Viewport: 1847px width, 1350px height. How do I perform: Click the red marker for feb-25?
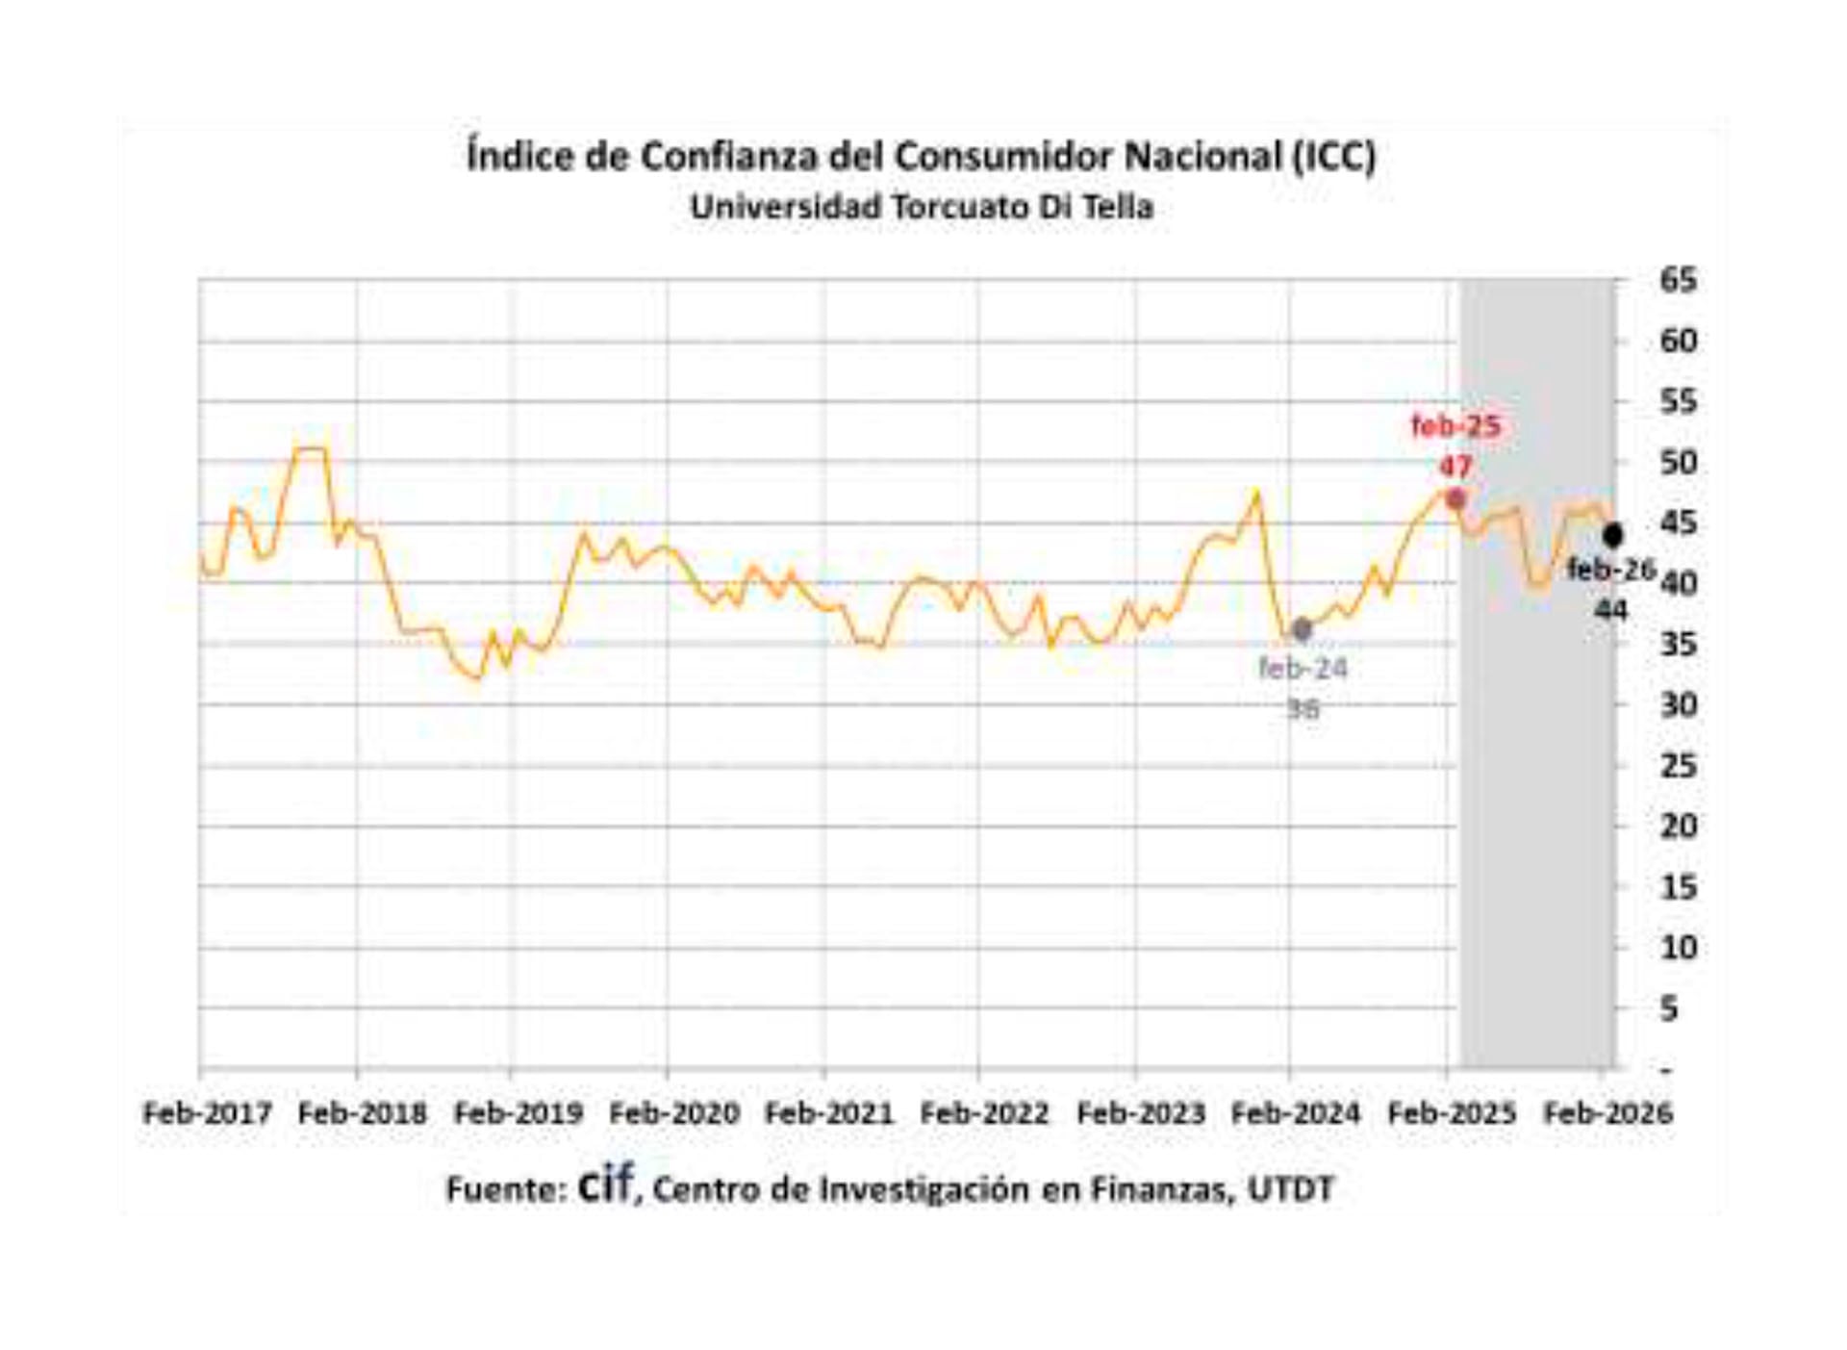click(1455, 499)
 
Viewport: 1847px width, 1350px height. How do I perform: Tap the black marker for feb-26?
click(1613, 535)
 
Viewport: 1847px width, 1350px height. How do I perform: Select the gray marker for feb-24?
click(1302, 629)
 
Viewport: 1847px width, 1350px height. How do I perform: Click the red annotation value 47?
click(1455, 467)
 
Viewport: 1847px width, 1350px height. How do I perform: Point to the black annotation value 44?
click(1610, 610)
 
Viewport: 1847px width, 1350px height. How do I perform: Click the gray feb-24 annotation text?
click(1303, 668)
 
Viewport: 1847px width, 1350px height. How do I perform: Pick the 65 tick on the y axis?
click(1678, 281)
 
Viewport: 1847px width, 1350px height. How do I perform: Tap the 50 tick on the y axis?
click(1678, 463)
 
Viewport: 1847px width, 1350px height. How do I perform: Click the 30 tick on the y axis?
click(1678, 705)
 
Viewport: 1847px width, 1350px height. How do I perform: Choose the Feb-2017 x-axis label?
click(208, 1113)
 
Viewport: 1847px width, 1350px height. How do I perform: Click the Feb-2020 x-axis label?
click(674, 1113)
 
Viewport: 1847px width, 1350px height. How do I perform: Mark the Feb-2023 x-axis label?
click(1141, 1113)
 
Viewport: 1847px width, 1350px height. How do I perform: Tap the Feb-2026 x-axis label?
click(1607, 1113)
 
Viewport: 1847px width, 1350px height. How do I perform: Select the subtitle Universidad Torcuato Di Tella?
click(922, 207)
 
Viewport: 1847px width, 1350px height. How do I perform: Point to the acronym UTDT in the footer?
click(1291, 1190)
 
